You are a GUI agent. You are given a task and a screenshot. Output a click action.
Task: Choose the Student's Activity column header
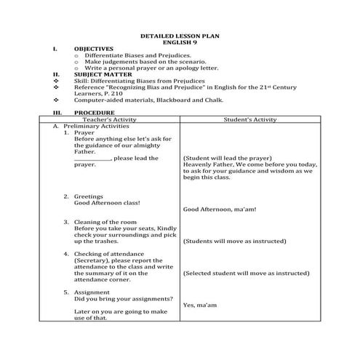(x=247, y=119)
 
